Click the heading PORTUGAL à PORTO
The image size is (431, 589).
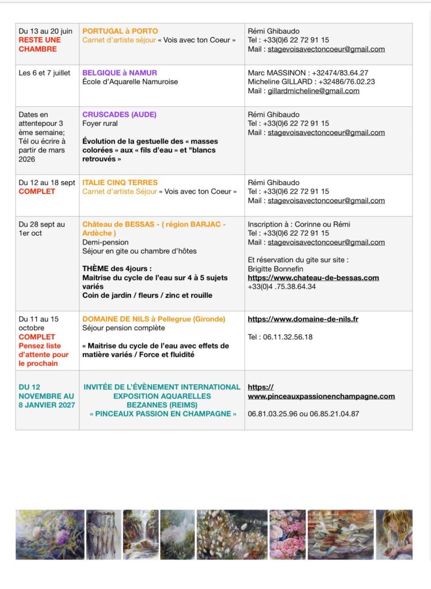(x=120, y=31)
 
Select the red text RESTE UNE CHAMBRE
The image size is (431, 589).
(x=39, y=44)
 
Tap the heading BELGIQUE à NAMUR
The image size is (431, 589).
(x=120, y=73)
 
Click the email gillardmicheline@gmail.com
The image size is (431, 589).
(x=313, y=91)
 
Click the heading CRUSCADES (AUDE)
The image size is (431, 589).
(x=119, y=114)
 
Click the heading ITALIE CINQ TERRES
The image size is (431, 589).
(x=120, y=182)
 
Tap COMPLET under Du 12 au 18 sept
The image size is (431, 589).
(x=37, y=192)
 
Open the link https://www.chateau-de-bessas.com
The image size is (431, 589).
(x=313, y=278)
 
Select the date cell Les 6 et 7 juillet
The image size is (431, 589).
(x=44, y=73)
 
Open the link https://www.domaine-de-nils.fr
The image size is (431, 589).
(x=303, y=319)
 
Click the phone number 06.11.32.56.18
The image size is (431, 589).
(x=280, y=337)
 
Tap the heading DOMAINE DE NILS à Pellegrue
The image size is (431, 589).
(x=154, y=319)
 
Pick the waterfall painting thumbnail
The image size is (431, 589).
(x=140, y=534)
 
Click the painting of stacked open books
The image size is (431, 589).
(x=340, y=534)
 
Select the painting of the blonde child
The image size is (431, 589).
(x=394, y=534)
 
